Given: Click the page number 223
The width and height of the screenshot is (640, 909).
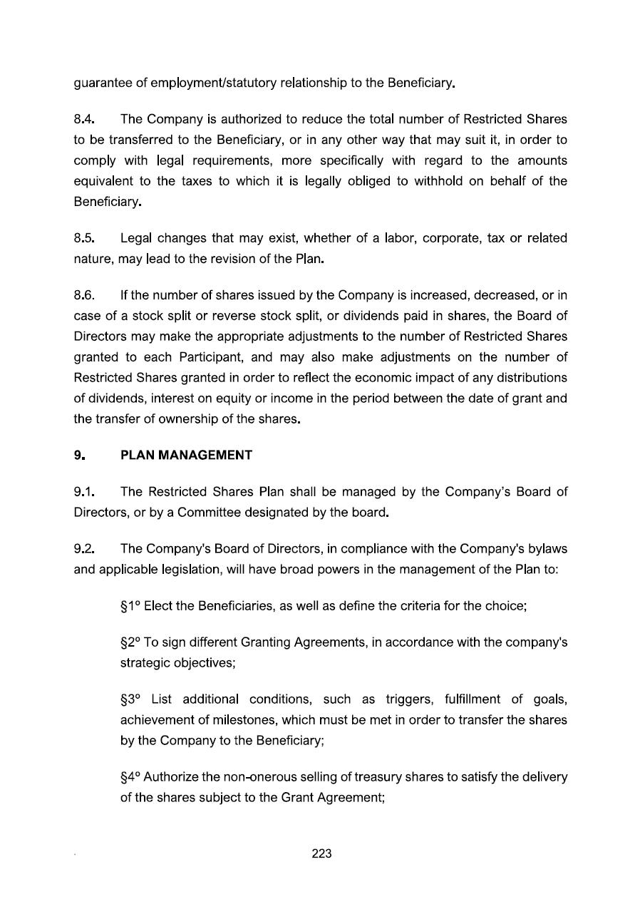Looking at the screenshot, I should [x=321, y=853].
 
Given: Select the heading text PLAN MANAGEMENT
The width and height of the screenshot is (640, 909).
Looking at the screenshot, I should [x=186, y=455].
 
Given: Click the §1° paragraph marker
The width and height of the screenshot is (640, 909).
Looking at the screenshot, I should [x=130, y=606].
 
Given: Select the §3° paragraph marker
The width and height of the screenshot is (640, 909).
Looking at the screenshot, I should [x=131, y=699].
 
